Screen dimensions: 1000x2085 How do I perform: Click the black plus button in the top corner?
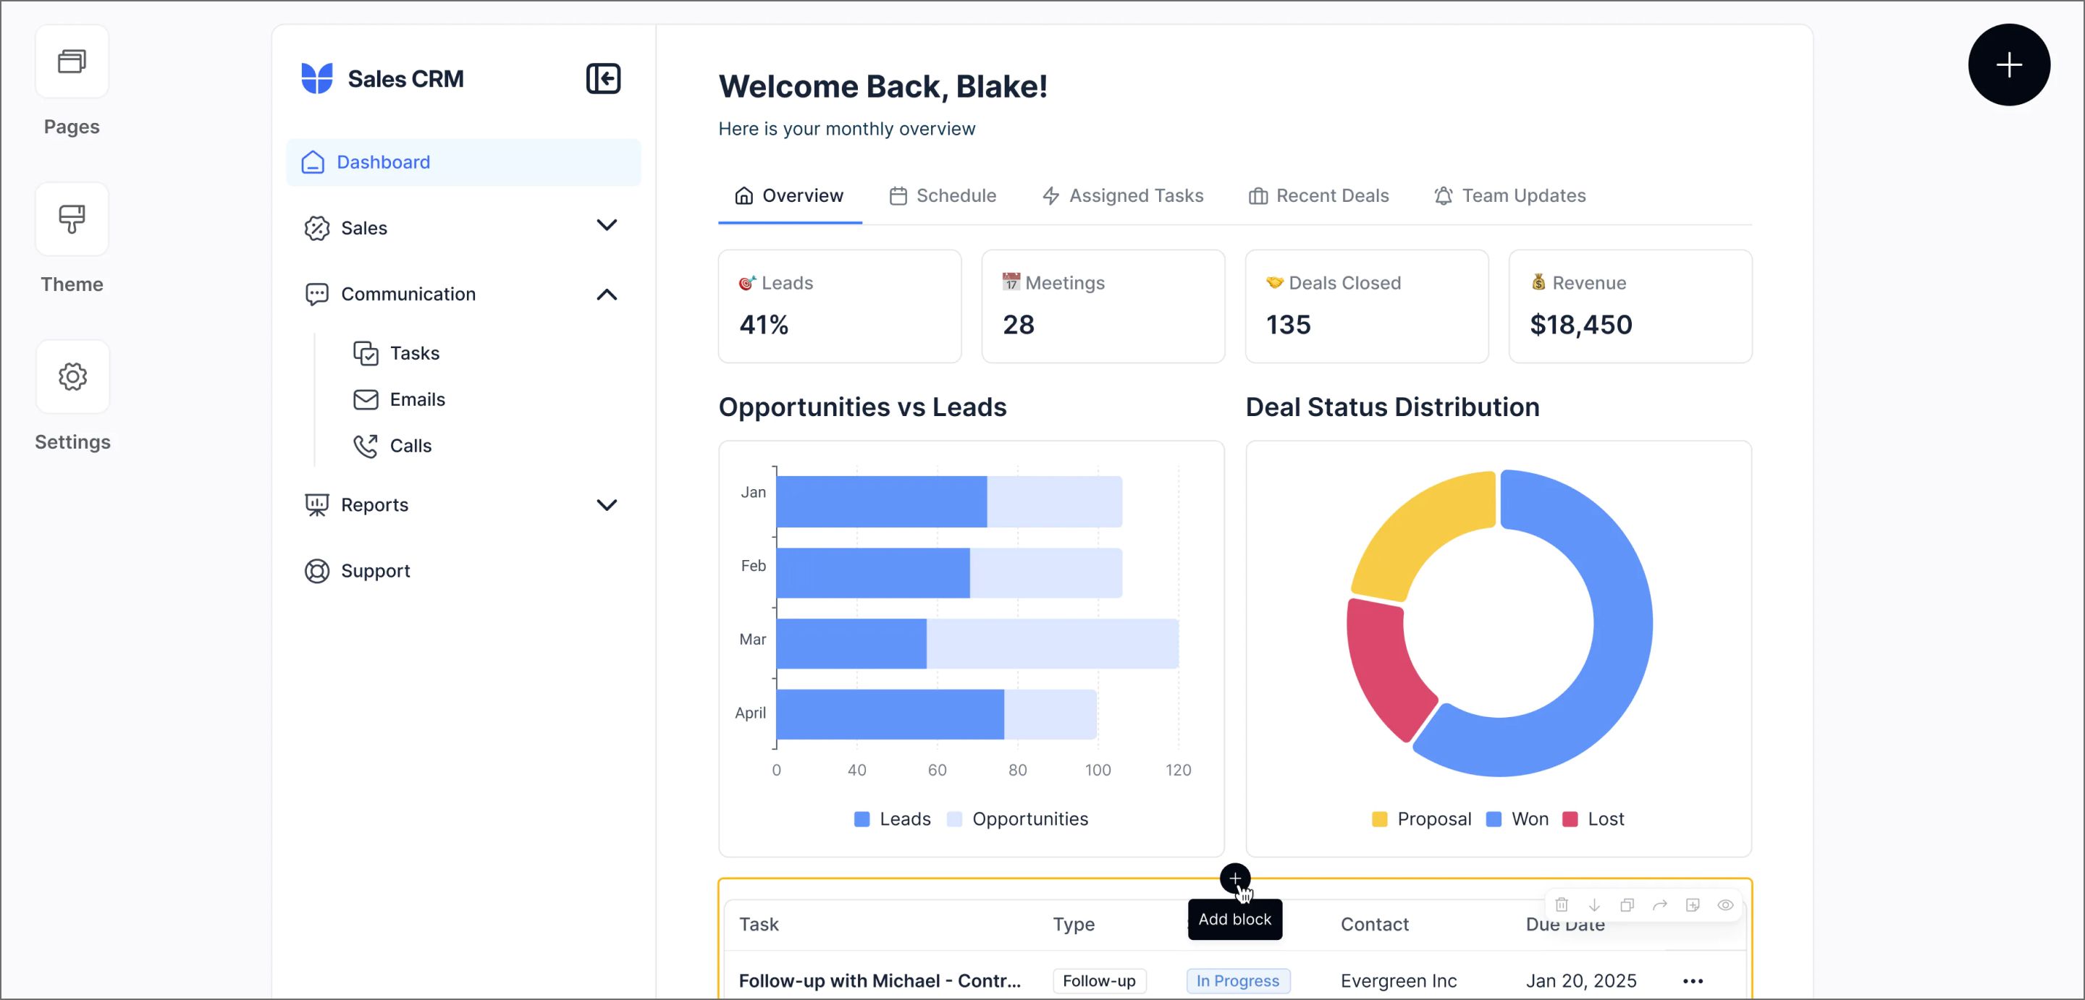pyautogui.click(x=2008, y=64)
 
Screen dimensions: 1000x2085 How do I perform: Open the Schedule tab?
pyautogui.click(x=942, y=196)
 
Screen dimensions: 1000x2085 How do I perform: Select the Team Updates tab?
pyautogui.click(x=1509, y=196)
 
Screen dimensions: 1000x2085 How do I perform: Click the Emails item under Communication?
pyautogui.click(x=417, y=399)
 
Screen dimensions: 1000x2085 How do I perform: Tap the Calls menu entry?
pyautogui.click(x=410, y=446)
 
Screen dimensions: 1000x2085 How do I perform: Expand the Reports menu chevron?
pyautogui.click(x=606, y=505)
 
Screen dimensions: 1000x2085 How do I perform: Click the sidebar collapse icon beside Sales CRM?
pyautogui.click(x=603, y=78)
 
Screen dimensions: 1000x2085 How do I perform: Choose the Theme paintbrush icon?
pyautogui.click(x=72, y=219)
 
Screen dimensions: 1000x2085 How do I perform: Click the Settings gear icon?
pyautogui.click(x=72, y=377)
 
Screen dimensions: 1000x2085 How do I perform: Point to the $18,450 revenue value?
pyautogui.click(x=1580, y=325)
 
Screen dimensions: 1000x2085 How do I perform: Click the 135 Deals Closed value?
pyautogui.click(x=1288, y=325)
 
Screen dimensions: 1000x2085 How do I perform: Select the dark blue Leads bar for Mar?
pyautogui.click(x=851, y=644)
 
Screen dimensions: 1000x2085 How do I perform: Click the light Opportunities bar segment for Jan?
pyautogui.click(x=1054, y=501)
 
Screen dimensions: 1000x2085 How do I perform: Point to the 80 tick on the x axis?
pyautogui.click(x=1016, y=770)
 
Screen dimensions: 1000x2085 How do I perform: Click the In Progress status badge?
pyautogui.click(x=1237, y=980)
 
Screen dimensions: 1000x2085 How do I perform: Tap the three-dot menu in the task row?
pyautogui.click(x=1693, y=980)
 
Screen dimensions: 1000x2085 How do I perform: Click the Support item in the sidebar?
pyautogui.click(x=375, y=571)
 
